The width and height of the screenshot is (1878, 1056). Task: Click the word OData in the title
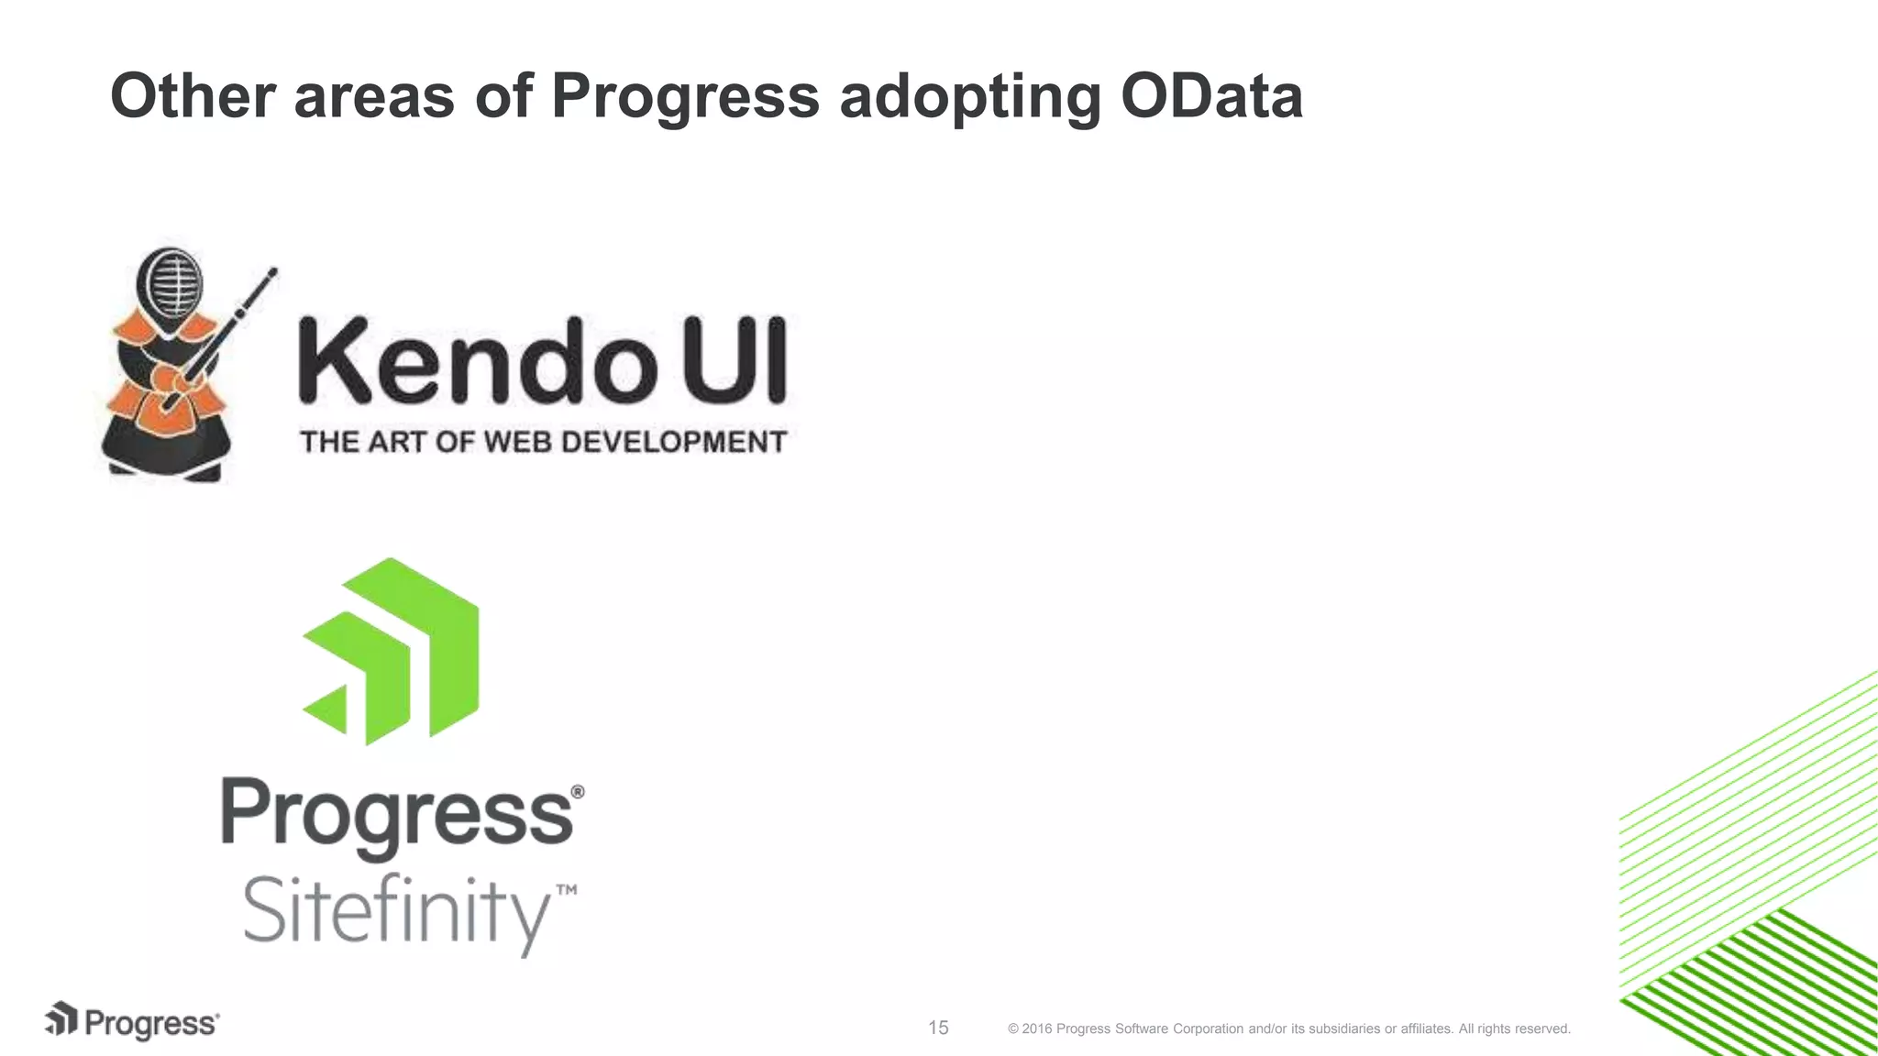(x=1210, y=95)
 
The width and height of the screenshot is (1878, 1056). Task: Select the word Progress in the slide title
(x=684, y=95)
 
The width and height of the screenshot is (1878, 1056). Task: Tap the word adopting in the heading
(x=969, y=97)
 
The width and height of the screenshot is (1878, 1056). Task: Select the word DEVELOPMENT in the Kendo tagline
(x=673, y=442)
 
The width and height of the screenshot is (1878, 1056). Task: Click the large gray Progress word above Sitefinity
(x=396, y=816)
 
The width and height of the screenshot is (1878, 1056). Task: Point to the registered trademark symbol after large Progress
(x=577, y=791)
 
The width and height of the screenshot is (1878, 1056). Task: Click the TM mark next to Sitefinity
(x=567, y=889)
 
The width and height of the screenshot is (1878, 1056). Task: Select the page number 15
(x=938, y=1028)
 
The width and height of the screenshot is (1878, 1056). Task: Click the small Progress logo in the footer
(x=132, y=1022)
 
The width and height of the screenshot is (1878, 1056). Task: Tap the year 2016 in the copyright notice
(x=1036, y=1028)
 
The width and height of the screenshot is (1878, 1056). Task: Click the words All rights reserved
(x=1514, y=1028)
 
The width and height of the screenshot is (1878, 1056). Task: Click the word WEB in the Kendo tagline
(x=517, y=442)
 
